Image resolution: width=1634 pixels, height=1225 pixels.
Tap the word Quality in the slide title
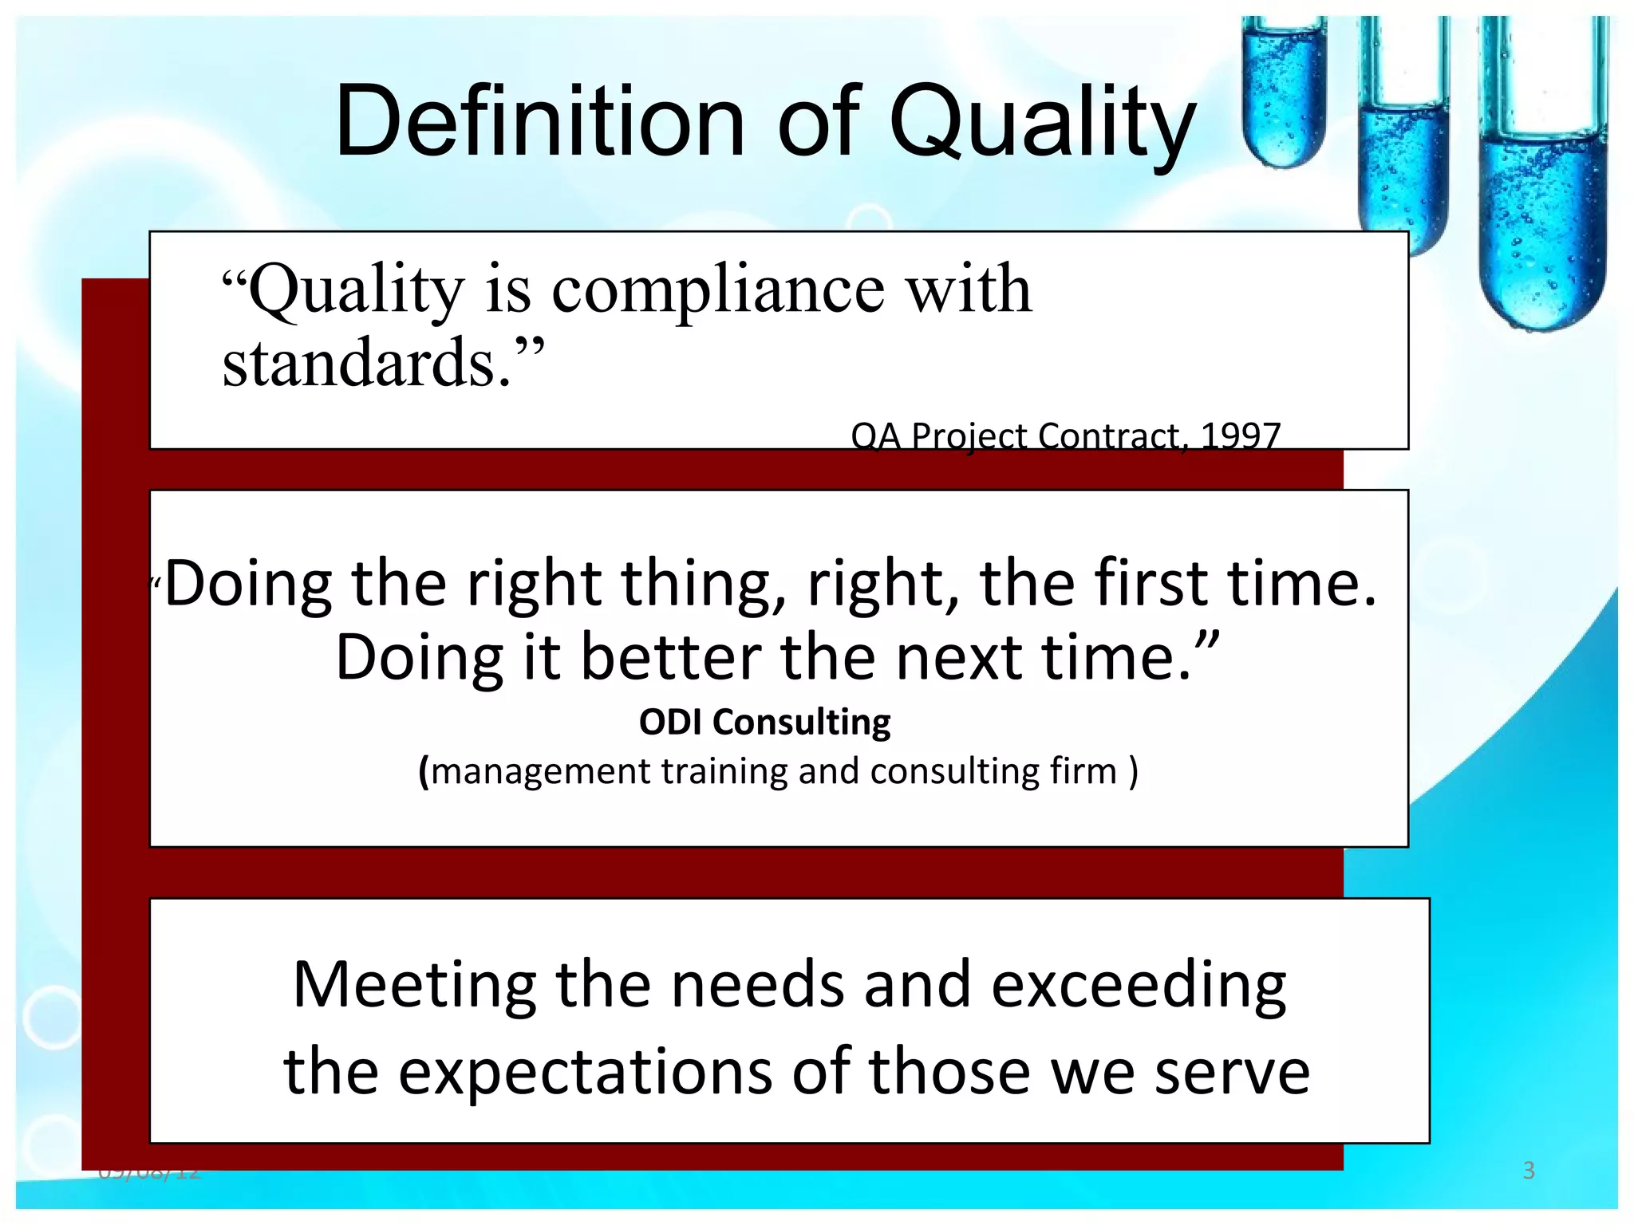coord(1042,124)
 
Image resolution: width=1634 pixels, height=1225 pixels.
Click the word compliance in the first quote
coord(718,289)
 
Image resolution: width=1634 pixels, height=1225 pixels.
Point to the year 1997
coord(1241,435)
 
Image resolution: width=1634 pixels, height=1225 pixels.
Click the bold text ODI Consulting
coord(764,722)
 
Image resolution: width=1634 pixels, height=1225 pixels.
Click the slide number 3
coord(1529,1170)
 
